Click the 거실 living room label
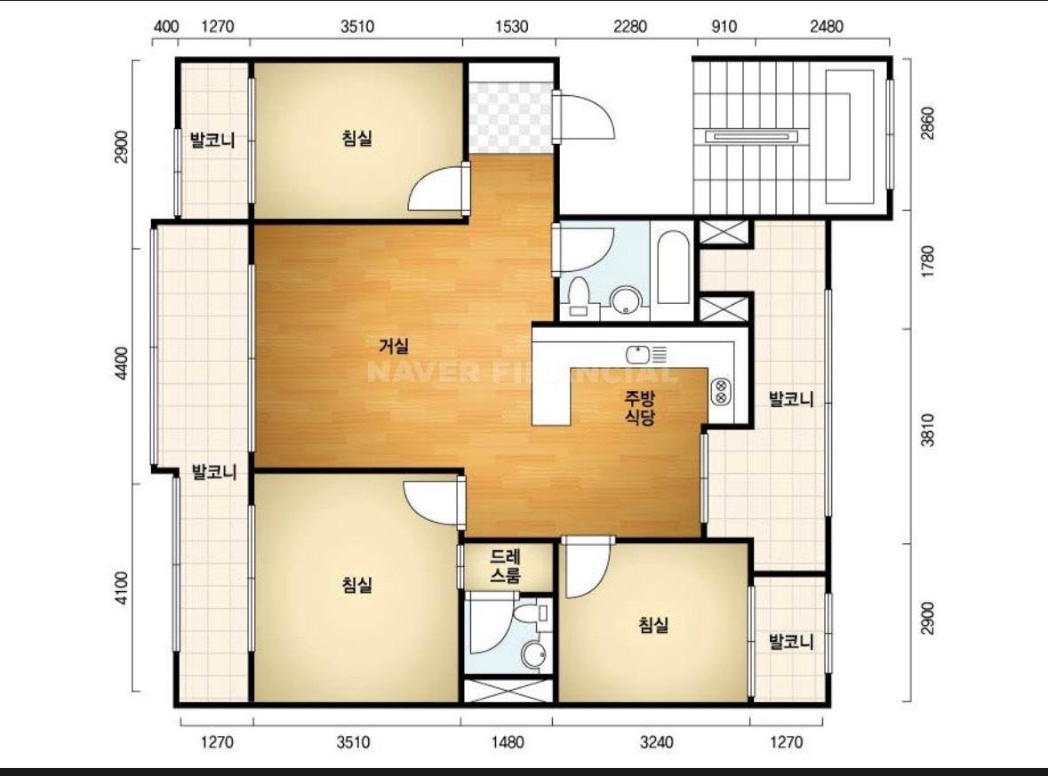394,347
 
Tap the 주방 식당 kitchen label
640,408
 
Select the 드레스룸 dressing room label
505,566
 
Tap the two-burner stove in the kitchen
721,391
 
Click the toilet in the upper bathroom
578,299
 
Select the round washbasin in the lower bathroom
534,655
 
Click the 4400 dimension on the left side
121,364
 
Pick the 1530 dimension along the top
511,27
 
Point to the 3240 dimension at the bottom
656,742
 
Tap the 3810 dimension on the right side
928,430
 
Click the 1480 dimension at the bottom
508,742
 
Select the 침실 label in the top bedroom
357,139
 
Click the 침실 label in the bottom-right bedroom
653,625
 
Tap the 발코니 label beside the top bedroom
212,140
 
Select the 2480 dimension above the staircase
826,27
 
